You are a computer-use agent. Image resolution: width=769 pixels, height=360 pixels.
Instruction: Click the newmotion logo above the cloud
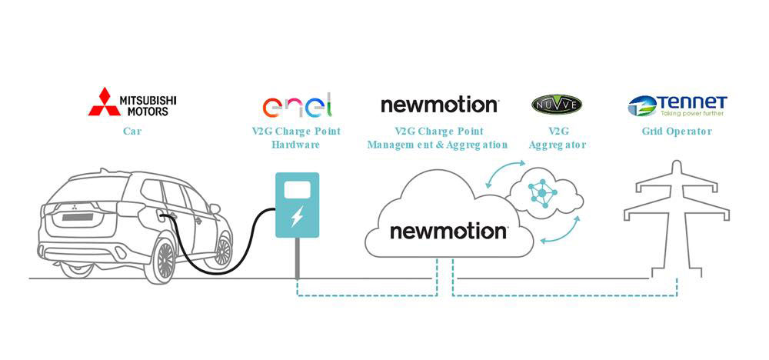tap(439, 105)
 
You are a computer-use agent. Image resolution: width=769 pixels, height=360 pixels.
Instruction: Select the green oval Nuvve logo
tap(557, 104)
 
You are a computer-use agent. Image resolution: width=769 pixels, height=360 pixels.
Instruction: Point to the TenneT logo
tap(677, 105)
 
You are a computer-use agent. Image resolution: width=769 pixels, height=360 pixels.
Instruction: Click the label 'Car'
tap(132, 132)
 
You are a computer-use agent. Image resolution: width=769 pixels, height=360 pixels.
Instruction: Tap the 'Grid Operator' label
tap(677, 132)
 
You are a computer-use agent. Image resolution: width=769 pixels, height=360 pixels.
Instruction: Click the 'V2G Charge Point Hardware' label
tap(296, 138)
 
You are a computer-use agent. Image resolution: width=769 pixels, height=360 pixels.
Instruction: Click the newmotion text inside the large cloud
tap(448, 231)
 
